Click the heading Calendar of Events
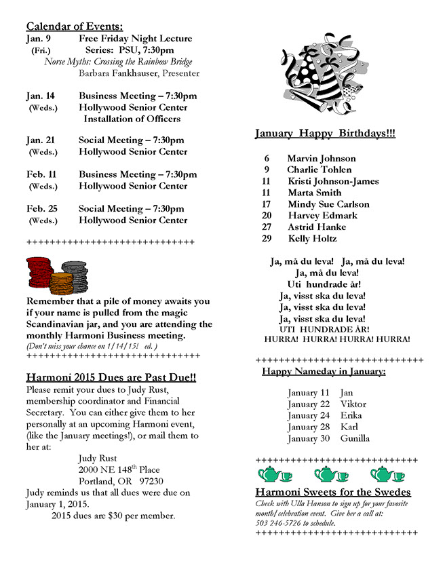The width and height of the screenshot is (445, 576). (75, 26)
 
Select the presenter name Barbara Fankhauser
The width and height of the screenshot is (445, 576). (139, 73)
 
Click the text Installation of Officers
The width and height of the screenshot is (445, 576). (132, 119)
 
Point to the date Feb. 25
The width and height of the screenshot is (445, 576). (41, 208)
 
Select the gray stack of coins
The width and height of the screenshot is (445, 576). (74, 274)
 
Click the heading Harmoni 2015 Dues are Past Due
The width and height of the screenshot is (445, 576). (111, 377)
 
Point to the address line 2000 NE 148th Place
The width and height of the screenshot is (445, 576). (119, 469)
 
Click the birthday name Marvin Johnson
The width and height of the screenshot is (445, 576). (321, 158)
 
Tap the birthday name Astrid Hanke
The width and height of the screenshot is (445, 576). (316, 227)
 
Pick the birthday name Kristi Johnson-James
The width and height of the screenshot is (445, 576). (332, 181)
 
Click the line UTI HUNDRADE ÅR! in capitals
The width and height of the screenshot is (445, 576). (324, 329)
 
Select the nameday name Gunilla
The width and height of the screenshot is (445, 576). (355, 438)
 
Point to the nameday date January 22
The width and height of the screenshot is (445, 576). (308, 404)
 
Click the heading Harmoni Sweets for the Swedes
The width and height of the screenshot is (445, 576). (333, 492)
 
